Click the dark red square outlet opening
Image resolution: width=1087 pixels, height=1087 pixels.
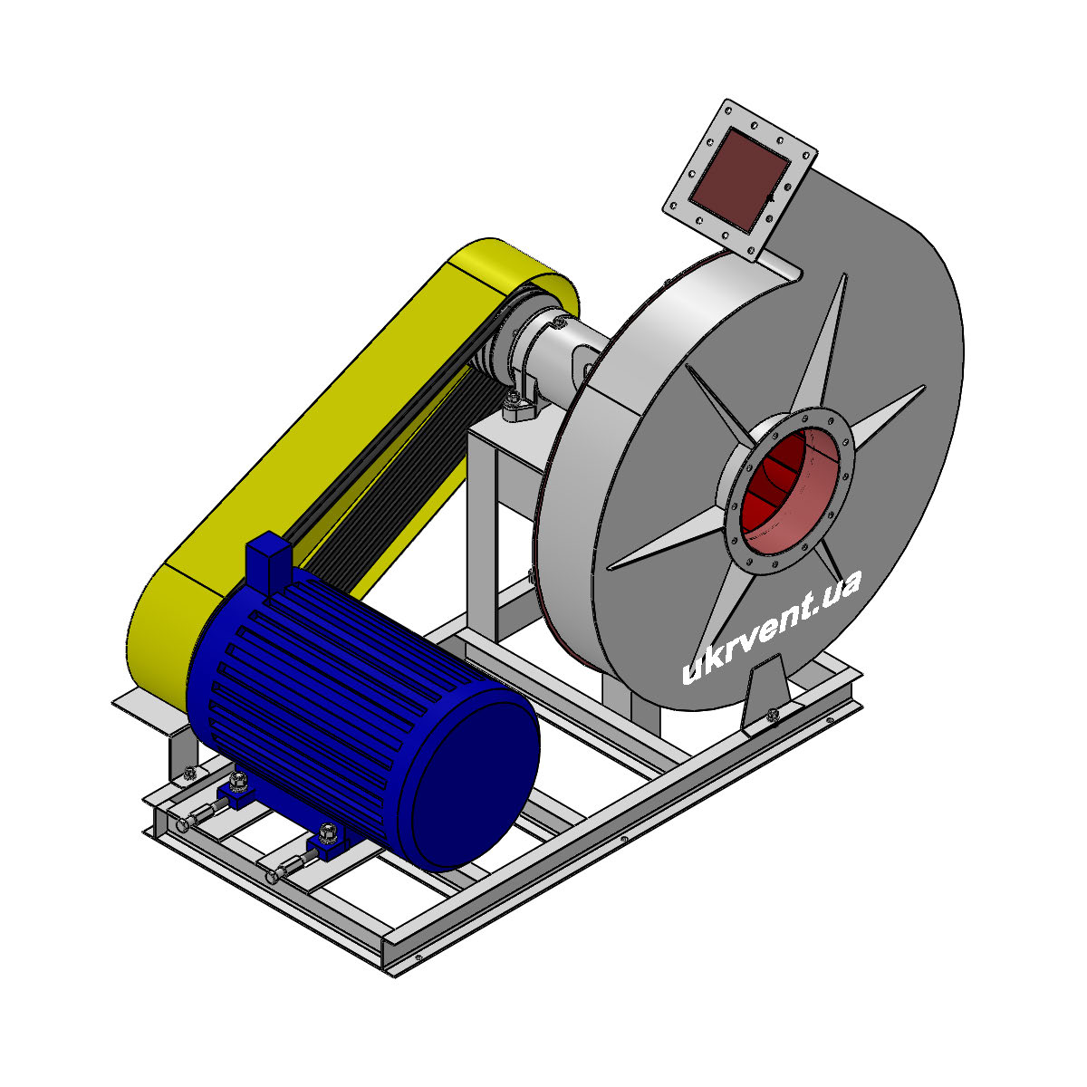(739, 179)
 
